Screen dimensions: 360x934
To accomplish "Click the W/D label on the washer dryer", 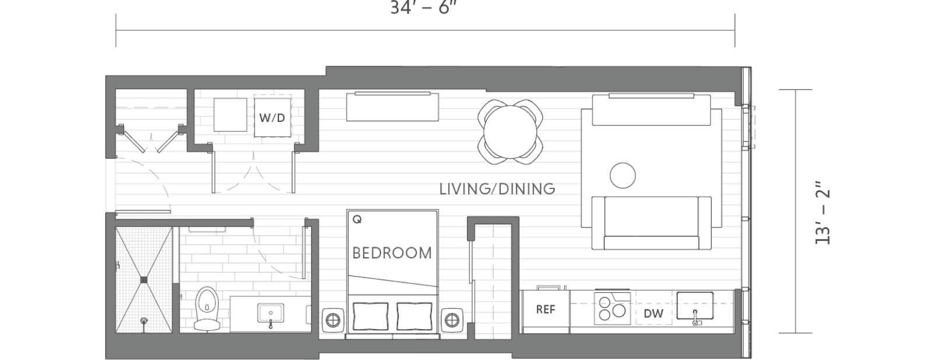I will pyautogui.click(x=272, y=118).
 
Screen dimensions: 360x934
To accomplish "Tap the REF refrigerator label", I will pyautogui.click(x=545, y=309).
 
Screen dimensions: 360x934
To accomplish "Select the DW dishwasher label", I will pyautogui.click(x=653, y=314).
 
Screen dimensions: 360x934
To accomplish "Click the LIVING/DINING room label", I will pyautogui.click(x=497, y=189).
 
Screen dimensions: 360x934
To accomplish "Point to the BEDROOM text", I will pyautogui.click(x=392, y=253).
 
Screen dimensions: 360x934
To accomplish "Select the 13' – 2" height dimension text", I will pyautogui.click(x=823, y=216).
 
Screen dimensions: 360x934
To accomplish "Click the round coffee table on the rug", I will pyautogui.click(x=623, y=175).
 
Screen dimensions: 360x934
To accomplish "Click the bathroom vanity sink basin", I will pyautogui.click(x=271, y=313).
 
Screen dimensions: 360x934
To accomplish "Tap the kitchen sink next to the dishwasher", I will pyautogui.click(x=695, y=306).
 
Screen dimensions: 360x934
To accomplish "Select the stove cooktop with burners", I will pyautogui.click(x=612, y=307).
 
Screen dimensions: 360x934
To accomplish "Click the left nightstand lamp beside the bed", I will pyautogui.click(x=332, y=320).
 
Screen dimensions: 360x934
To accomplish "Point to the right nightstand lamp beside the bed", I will pyautogui.click(x=452, y=320).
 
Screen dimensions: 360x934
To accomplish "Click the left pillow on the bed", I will pyautogui.click(x=370, y=316).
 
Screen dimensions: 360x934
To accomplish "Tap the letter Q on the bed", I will pyautogui.click(x=357, y=220).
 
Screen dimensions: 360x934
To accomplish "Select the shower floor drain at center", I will pyautogui.click(x=144, y=280).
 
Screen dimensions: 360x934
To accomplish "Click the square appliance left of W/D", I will pyautogui.click(x=230, y=115).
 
